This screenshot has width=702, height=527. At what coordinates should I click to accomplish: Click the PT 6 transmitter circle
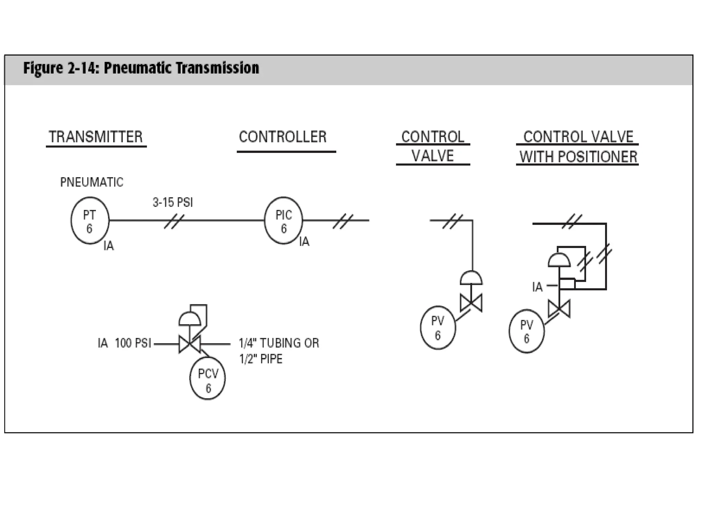90,220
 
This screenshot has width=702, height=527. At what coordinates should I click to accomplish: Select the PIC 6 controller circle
283,220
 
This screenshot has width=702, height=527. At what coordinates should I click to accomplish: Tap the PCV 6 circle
207,378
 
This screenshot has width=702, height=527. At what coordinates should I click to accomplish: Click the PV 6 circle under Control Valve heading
438,328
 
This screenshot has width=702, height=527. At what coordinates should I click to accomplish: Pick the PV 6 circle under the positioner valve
526,331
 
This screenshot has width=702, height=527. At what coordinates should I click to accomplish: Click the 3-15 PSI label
173,202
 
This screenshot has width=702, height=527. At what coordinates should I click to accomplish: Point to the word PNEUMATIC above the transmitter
92,182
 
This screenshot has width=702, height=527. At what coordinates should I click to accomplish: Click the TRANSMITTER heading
96,137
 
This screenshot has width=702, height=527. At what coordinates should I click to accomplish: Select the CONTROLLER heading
283,137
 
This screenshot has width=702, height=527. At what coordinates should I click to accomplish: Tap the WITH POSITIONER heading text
578,157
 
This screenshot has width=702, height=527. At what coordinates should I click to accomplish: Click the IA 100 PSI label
124,343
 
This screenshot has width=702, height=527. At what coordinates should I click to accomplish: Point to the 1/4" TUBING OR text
279,343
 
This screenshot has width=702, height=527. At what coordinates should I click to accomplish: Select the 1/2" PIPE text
261,359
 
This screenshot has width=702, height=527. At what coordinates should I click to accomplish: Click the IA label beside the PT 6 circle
109,246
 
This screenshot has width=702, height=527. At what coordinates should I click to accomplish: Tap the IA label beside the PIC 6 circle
304,242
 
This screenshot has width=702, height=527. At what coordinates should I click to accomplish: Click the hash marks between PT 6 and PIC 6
174,221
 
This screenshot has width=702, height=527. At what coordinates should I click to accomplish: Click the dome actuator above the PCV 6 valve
190,319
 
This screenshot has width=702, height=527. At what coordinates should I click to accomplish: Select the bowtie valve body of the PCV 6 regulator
190,344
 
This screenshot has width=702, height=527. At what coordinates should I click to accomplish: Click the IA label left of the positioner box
537,287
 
